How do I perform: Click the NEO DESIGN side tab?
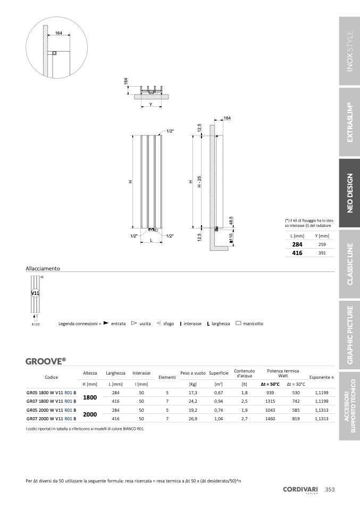[x=349, y=193]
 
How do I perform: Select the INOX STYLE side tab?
[x=349, y=51]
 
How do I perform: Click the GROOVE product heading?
[x=46, y=361]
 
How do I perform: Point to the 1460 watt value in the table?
[x=270, y=419]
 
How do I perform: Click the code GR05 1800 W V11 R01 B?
[x=52, y=393]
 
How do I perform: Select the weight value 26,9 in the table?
[x=192, y=419]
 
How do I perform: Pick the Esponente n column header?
[x=321, y=377]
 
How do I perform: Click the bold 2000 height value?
[x=90, y=414]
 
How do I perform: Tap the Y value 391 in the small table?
[x=322, y=253]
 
